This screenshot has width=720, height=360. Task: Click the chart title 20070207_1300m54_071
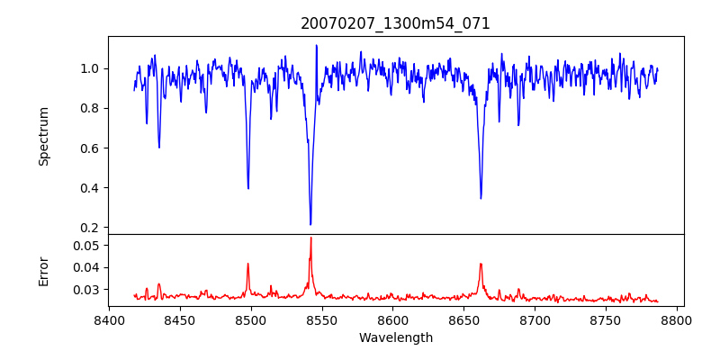coord(395,23)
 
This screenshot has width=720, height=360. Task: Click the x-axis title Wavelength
coord(395,337)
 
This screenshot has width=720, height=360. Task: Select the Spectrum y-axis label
coord(43,136)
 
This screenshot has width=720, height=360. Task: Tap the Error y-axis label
coord(43,270)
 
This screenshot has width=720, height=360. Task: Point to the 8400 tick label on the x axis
coord(109,319)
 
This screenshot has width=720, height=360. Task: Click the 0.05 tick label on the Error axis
coord(86,245)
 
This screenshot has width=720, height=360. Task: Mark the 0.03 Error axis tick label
coord(86,290)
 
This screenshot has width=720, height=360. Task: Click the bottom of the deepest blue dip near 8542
coord(310,224)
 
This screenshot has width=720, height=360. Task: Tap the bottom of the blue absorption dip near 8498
coord(248,188)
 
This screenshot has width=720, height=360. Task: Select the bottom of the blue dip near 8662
coord(481,198)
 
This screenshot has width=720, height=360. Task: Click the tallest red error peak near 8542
coord(310,238)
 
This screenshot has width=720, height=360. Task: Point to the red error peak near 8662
coord(481,264)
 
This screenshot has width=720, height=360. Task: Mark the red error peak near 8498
coord(248,264)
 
